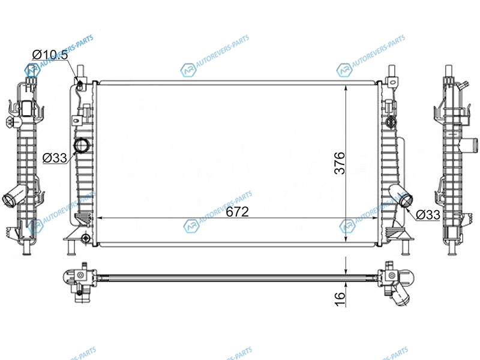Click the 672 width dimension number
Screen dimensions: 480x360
click(237, 212)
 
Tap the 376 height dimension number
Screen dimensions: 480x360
click(340, 163)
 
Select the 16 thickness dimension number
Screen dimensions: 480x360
click(340, 299)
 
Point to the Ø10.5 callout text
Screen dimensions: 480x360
click(50, 55)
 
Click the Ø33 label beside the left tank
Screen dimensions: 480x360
click(55, 158)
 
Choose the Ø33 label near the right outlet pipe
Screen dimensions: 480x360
click(428, 215)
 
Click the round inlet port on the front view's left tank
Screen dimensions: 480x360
click(82, 145)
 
